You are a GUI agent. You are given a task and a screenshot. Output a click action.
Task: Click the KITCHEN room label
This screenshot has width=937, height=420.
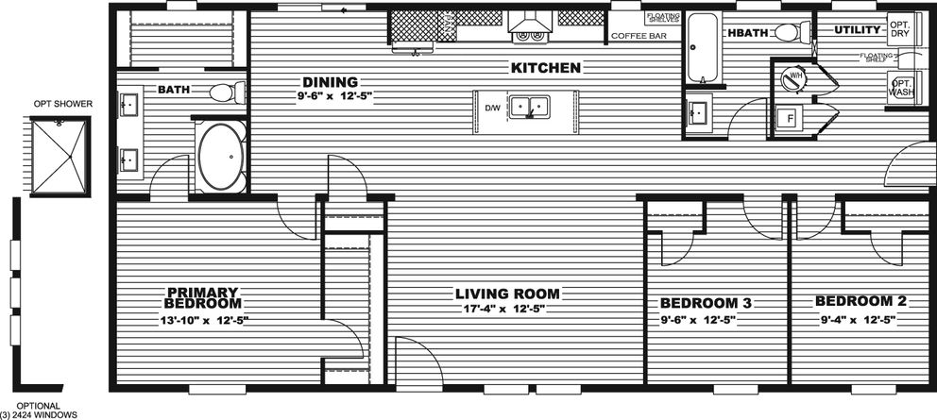546,68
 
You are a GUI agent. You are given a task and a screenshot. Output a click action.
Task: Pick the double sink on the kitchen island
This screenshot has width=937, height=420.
529,106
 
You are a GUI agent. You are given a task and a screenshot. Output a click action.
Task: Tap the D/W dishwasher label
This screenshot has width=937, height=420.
492,109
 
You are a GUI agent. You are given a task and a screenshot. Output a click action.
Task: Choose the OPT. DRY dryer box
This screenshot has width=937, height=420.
900,29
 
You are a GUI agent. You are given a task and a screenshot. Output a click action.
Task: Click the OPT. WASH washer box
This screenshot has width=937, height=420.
902,90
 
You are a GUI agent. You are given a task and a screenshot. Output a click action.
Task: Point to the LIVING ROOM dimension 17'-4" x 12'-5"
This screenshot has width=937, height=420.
507,309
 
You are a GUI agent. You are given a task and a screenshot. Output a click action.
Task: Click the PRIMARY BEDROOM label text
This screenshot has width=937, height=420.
202,297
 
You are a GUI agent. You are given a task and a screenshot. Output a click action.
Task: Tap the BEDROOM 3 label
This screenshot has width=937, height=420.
706,303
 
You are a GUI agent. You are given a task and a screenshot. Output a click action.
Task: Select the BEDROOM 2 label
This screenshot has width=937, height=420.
854,301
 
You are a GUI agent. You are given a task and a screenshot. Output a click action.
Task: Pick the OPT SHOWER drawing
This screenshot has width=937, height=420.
60,156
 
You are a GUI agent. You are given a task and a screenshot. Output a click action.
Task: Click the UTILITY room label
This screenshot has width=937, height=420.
857,31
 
